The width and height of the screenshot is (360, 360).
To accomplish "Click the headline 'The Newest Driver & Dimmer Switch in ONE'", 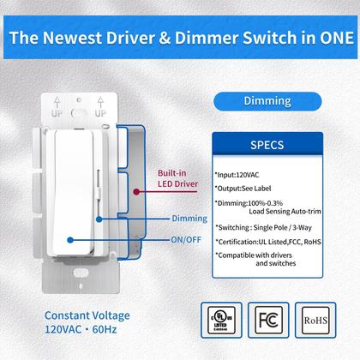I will click(180, 38).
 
